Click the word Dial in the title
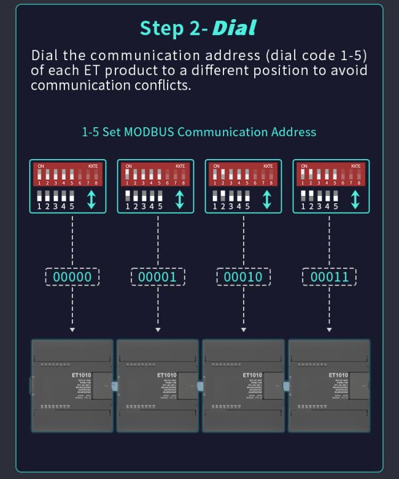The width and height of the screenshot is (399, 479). coord(234,28)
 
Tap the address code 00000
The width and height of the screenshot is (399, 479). coord(72,277)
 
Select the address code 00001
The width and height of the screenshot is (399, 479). coord(158,277)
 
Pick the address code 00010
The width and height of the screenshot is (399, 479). coord(243,277)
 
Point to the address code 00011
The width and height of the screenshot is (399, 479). coord(329,277)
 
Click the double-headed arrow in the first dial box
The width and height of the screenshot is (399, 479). coord(91,200)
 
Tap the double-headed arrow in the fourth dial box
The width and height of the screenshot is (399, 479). coord(355,200)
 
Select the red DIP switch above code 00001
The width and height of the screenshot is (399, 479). coord(155,174)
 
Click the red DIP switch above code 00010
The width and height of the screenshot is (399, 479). coord(243,174)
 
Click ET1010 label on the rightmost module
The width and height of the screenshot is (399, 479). coord(338,375)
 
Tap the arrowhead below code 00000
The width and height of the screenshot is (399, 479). coord(72,330)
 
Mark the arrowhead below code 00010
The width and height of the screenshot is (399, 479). coord(243,330)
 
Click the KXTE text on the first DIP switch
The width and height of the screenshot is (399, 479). coord(93,166)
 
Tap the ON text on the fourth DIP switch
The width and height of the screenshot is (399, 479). coord(304,166)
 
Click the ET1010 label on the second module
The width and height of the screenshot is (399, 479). coord(166,375)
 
